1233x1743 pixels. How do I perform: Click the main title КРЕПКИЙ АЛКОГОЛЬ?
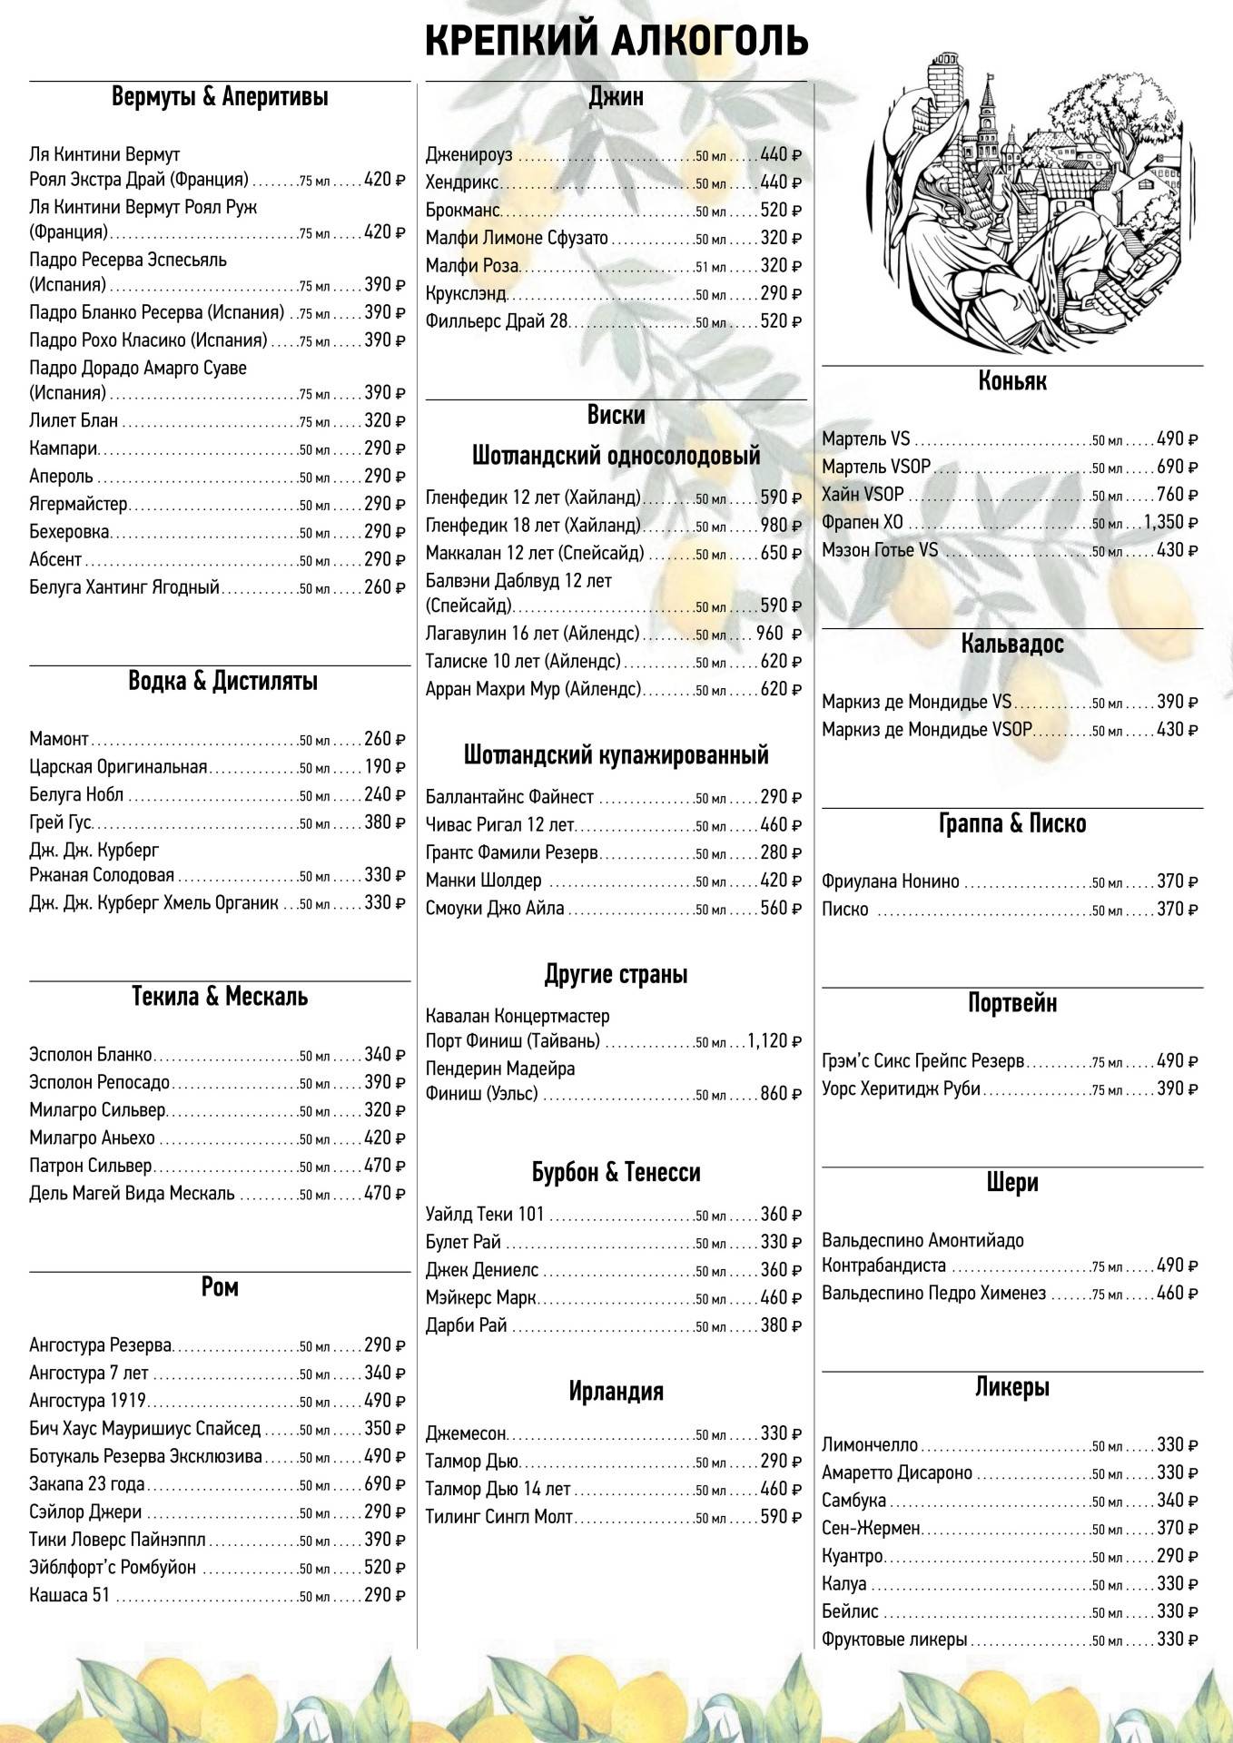[x=616, y=40]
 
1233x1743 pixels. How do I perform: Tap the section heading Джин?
[x=616, y=96]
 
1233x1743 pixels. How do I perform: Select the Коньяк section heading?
[x=1012, y=380]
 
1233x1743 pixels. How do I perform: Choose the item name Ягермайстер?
[x=78, y=504]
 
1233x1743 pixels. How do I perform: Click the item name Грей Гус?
[x=61, y=822]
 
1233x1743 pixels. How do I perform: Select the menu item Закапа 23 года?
[x=87, y=1484]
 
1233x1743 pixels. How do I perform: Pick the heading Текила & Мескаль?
[x=220, y=996]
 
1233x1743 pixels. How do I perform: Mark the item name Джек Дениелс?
[x=482, y=1270]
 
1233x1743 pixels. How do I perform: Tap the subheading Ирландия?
[x=616, y=1391]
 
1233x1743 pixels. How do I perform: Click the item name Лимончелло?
[x=870, y=1445]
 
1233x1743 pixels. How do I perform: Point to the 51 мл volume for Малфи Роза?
[x=710, y=267]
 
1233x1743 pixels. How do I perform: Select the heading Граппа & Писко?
[x=1012, y=823]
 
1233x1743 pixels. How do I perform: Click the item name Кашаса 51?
[x=69, y=1595]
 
